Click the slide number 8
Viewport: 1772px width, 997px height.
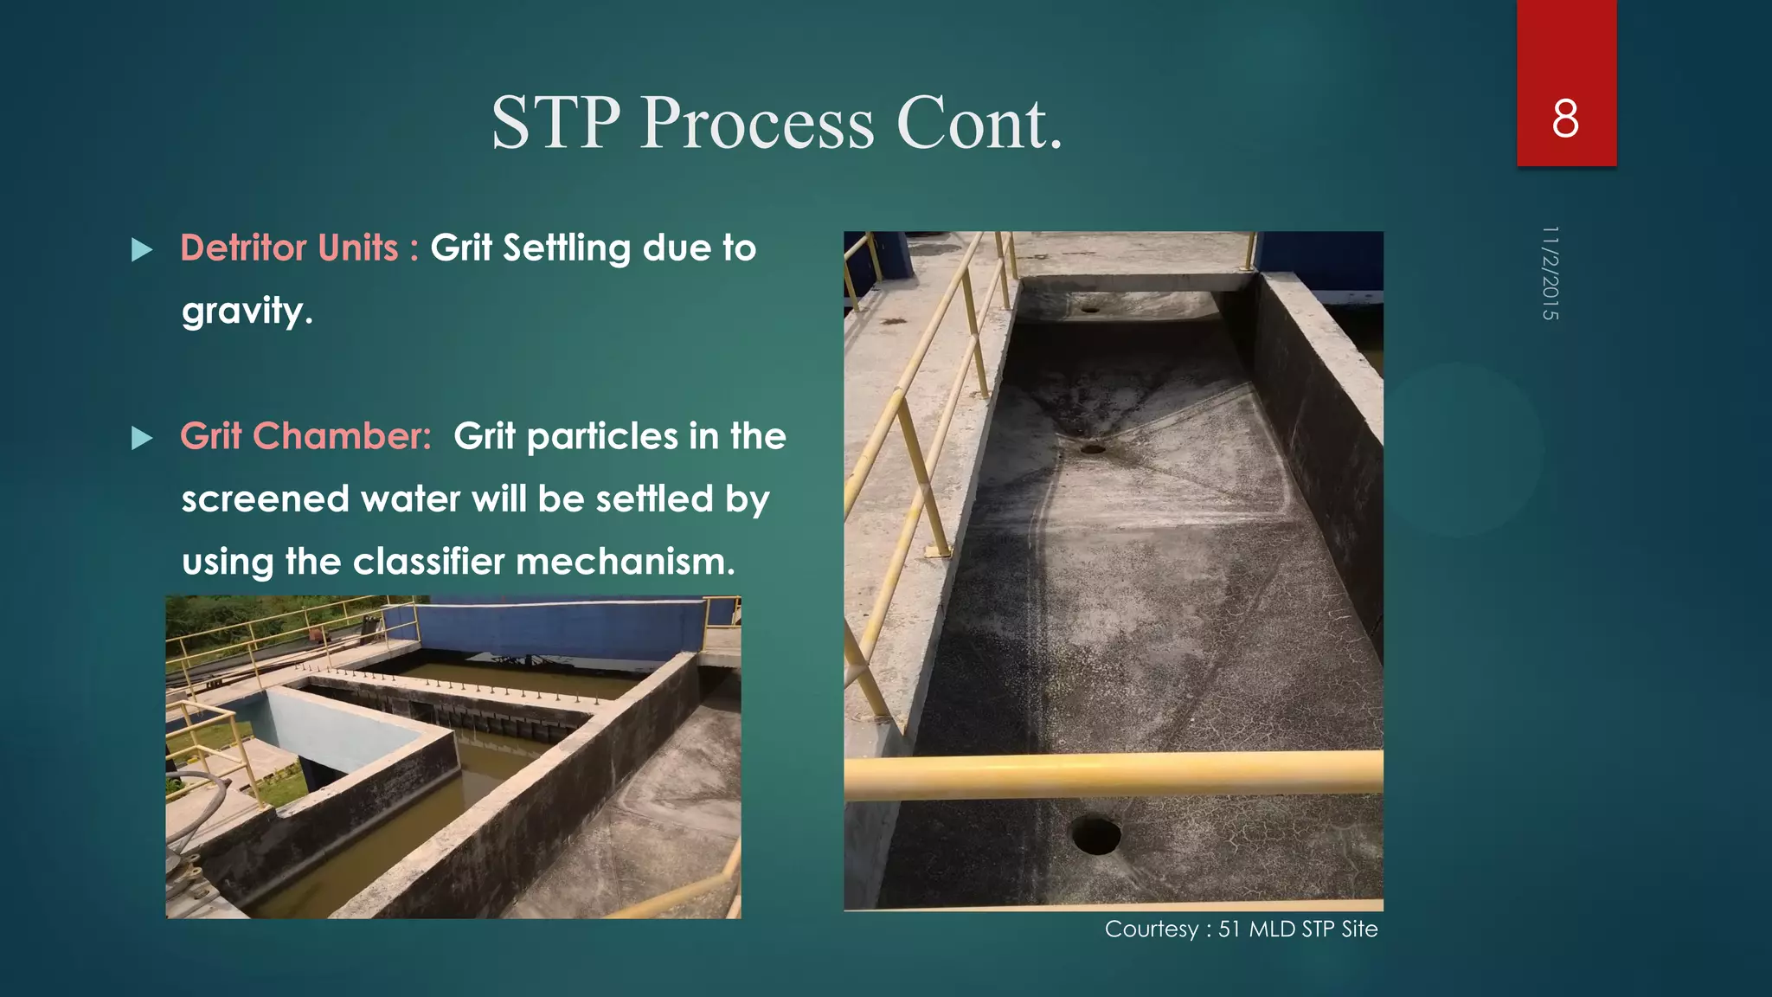(x=1565, y=119)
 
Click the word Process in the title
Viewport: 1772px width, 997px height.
(x=757, y=123)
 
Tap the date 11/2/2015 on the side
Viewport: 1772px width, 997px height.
(x=1550, y=273)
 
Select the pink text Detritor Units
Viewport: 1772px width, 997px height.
(x=289, y=248)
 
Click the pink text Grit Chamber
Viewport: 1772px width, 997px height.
(x=305, y=436)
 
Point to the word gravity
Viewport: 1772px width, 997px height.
(x=247, y=312)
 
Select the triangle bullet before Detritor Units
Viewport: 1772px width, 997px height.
(x=142, y=251)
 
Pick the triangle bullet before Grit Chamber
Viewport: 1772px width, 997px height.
(x=142, y=439)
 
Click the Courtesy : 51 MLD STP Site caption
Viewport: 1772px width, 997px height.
(x=1241, y=929)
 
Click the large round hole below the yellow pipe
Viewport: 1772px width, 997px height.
(x=1095, y=834)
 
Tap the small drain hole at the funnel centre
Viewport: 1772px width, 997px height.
(x=1093, y=448)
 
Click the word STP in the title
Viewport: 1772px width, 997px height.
(x=556, y=123)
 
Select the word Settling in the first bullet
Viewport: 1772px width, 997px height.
(x=567, y=248)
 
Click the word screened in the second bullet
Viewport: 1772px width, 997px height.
(x=265, y=499)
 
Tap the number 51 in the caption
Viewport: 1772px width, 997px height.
(x=1229, y=929)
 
